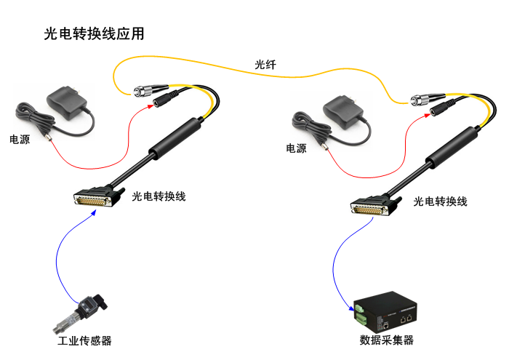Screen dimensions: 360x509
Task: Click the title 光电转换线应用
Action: pyautogui.click(x=95, y=33)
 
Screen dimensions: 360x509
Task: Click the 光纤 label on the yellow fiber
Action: pyautogui.click(x=265, y=65)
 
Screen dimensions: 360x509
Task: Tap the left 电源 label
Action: pyautogui.click(x=20, y=140)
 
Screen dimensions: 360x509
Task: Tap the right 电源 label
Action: pyautogui.click(x=296, y=149)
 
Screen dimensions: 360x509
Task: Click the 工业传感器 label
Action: pyautogui.click(x=84, y=341)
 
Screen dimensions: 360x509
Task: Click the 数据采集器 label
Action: pyautogui.click(x=386, y=340)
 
